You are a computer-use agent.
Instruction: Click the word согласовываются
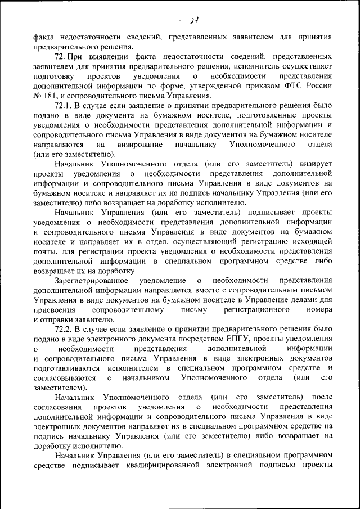click(64, 377)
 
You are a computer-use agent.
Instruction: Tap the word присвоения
click(55, 309)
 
